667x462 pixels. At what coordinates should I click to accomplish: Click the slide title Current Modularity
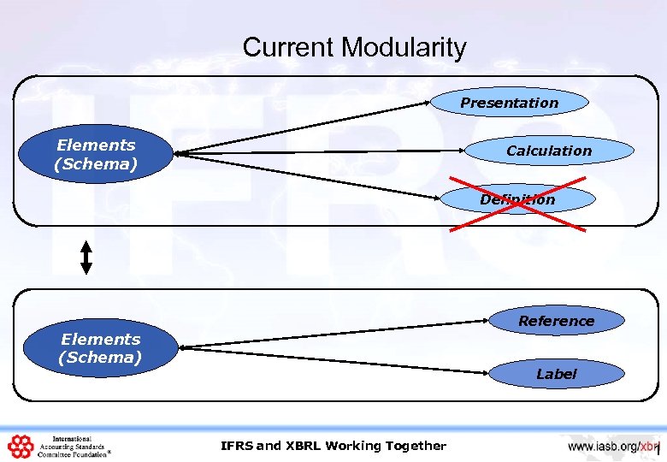point(354,47)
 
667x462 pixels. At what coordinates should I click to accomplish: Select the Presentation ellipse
point(509,103)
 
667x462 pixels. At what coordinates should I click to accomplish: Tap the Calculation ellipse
point(549,151)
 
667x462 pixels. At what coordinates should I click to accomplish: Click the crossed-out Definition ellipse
point(516,199)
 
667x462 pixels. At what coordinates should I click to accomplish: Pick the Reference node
point(556,321)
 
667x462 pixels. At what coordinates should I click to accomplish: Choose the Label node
point(556,374)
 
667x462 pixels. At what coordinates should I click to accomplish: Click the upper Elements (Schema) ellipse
point(96,155)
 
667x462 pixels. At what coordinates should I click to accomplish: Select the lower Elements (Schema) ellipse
point(100,348)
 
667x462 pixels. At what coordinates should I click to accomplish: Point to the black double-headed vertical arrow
point(86,257)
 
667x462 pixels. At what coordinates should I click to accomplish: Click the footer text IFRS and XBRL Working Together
point(333,445)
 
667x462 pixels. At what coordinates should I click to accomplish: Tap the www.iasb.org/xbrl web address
point(614,446)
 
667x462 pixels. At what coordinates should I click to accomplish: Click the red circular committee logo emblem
point(20,447)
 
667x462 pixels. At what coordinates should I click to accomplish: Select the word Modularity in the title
point(404,47)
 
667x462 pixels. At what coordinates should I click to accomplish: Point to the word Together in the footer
point(416,445)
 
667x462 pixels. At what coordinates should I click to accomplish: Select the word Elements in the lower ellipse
point(100,339)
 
